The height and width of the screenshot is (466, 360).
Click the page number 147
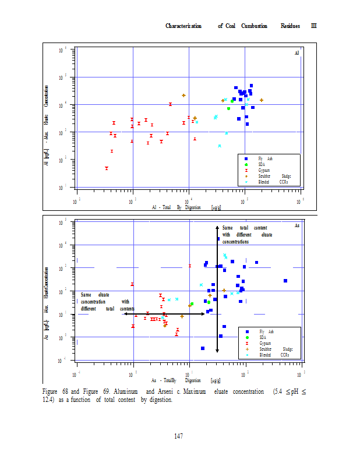[179, 436]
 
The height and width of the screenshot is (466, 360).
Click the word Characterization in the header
[183, 26]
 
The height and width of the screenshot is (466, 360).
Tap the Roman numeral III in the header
[313, 26]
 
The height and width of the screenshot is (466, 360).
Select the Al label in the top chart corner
[297, 53]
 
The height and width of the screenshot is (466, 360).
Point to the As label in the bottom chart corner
[297, 225]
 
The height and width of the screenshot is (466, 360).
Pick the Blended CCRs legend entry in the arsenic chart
[274, 355]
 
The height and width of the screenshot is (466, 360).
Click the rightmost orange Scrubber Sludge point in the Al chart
[262, 100]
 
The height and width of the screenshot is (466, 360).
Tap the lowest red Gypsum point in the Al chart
[107, 168]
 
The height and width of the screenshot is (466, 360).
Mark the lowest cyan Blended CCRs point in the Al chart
[220, 146]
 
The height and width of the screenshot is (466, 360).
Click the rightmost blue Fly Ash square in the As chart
[285, 281]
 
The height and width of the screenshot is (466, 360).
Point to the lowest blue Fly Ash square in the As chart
[203, 348]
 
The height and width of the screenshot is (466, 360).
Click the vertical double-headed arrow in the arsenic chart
[217, 288]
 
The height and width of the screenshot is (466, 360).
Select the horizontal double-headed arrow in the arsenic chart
[157, 314]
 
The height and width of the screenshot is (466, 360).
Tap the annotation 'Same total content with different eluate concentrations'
[247, 234]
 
